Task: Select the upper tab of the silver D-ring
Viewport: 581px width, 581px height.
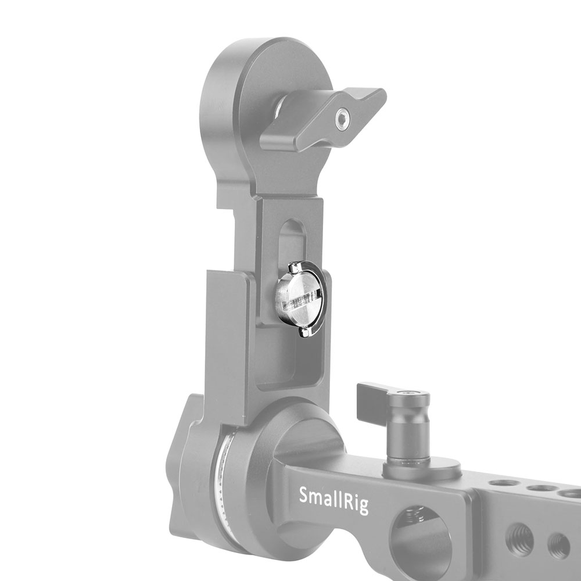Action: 296,267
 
